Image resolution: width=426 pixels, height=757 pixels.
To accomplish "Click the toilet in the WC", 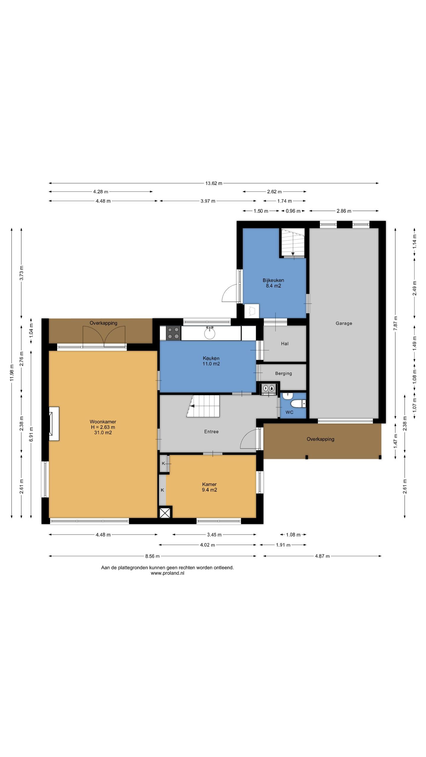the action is pos(298,403).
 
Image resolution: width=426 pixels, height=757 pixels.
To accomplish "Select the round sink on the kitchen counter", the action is pos(210,333).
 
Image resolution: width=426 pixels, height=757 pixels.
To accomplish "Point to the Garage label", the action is pos(344,323).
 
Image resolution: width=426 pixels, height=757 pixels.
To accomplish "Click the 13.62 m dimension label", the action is pos(214,183).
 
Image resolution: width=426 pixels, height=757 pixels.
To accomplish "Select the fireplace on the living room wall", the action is pos(54,424).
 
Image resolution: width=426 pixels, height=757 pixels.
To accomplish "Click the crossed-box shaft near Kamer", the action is pos(165,512).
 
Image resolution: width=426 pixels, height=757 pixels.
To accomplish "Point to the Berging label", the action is pos(283,373).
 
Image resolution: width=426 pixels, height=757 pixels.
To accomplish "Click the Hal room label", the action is pos(285,344).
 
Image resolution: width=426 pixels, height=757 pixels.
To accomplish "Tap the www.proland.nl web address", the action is pos(167,573).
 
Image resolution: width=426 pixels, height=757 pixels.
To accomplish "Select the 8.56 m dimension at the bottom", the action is pos(152,556).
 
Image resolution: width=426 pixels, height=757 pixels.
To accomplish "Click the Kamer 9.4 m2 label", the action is pos(209,487).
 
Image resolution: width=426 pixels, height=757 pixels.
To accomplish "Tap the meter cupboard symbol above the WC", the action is pos(269,388).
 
